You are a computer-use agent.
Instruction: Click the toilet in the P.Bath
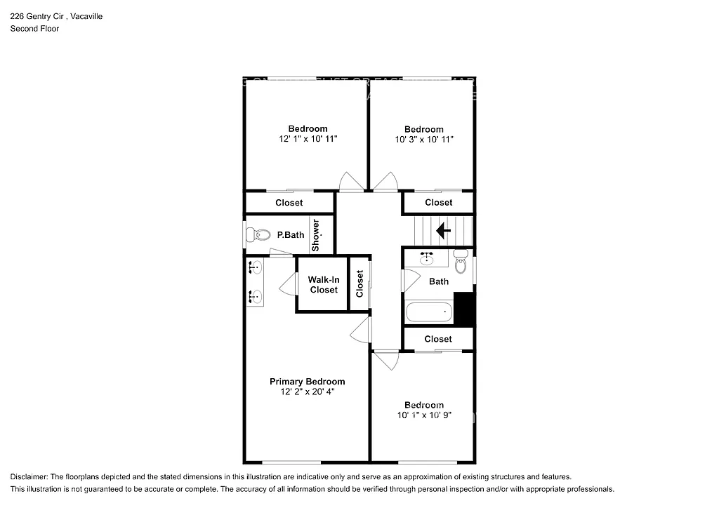[260, 235]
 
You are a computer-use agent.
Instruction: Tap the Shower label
[316, 235]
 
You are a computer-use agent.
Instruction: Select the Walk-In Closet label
[323, 284]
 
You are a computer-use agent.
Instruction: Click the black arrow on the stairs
[443, 230]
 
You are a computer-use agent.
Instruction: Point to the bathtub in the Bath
[428, 312]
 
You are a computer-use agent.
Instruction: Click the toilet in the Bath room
[461, 262]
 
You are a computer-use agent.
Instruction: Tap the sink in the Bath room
[426, 258]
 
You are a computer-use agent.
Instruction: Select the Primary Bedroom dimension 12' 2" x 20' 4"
[307, 392]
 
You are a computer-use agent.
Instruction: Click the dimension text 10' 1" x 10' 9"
[423, 415]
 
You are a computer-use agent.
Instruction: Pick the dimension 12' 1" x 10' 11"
[307, 139]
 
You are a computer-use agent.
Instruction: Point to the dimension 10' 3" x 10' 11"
[423, 140]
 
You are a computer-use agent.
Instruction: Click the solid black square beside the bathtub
[464, 309]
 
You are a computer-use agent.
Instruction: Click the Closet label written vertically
[359, 284]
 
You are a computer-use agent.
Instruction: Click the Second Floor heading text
[34, 29]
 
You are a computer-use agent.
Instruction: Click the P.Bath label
[290, 235]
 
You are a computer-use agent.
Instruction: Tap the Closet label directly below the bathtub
[438, 339]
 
